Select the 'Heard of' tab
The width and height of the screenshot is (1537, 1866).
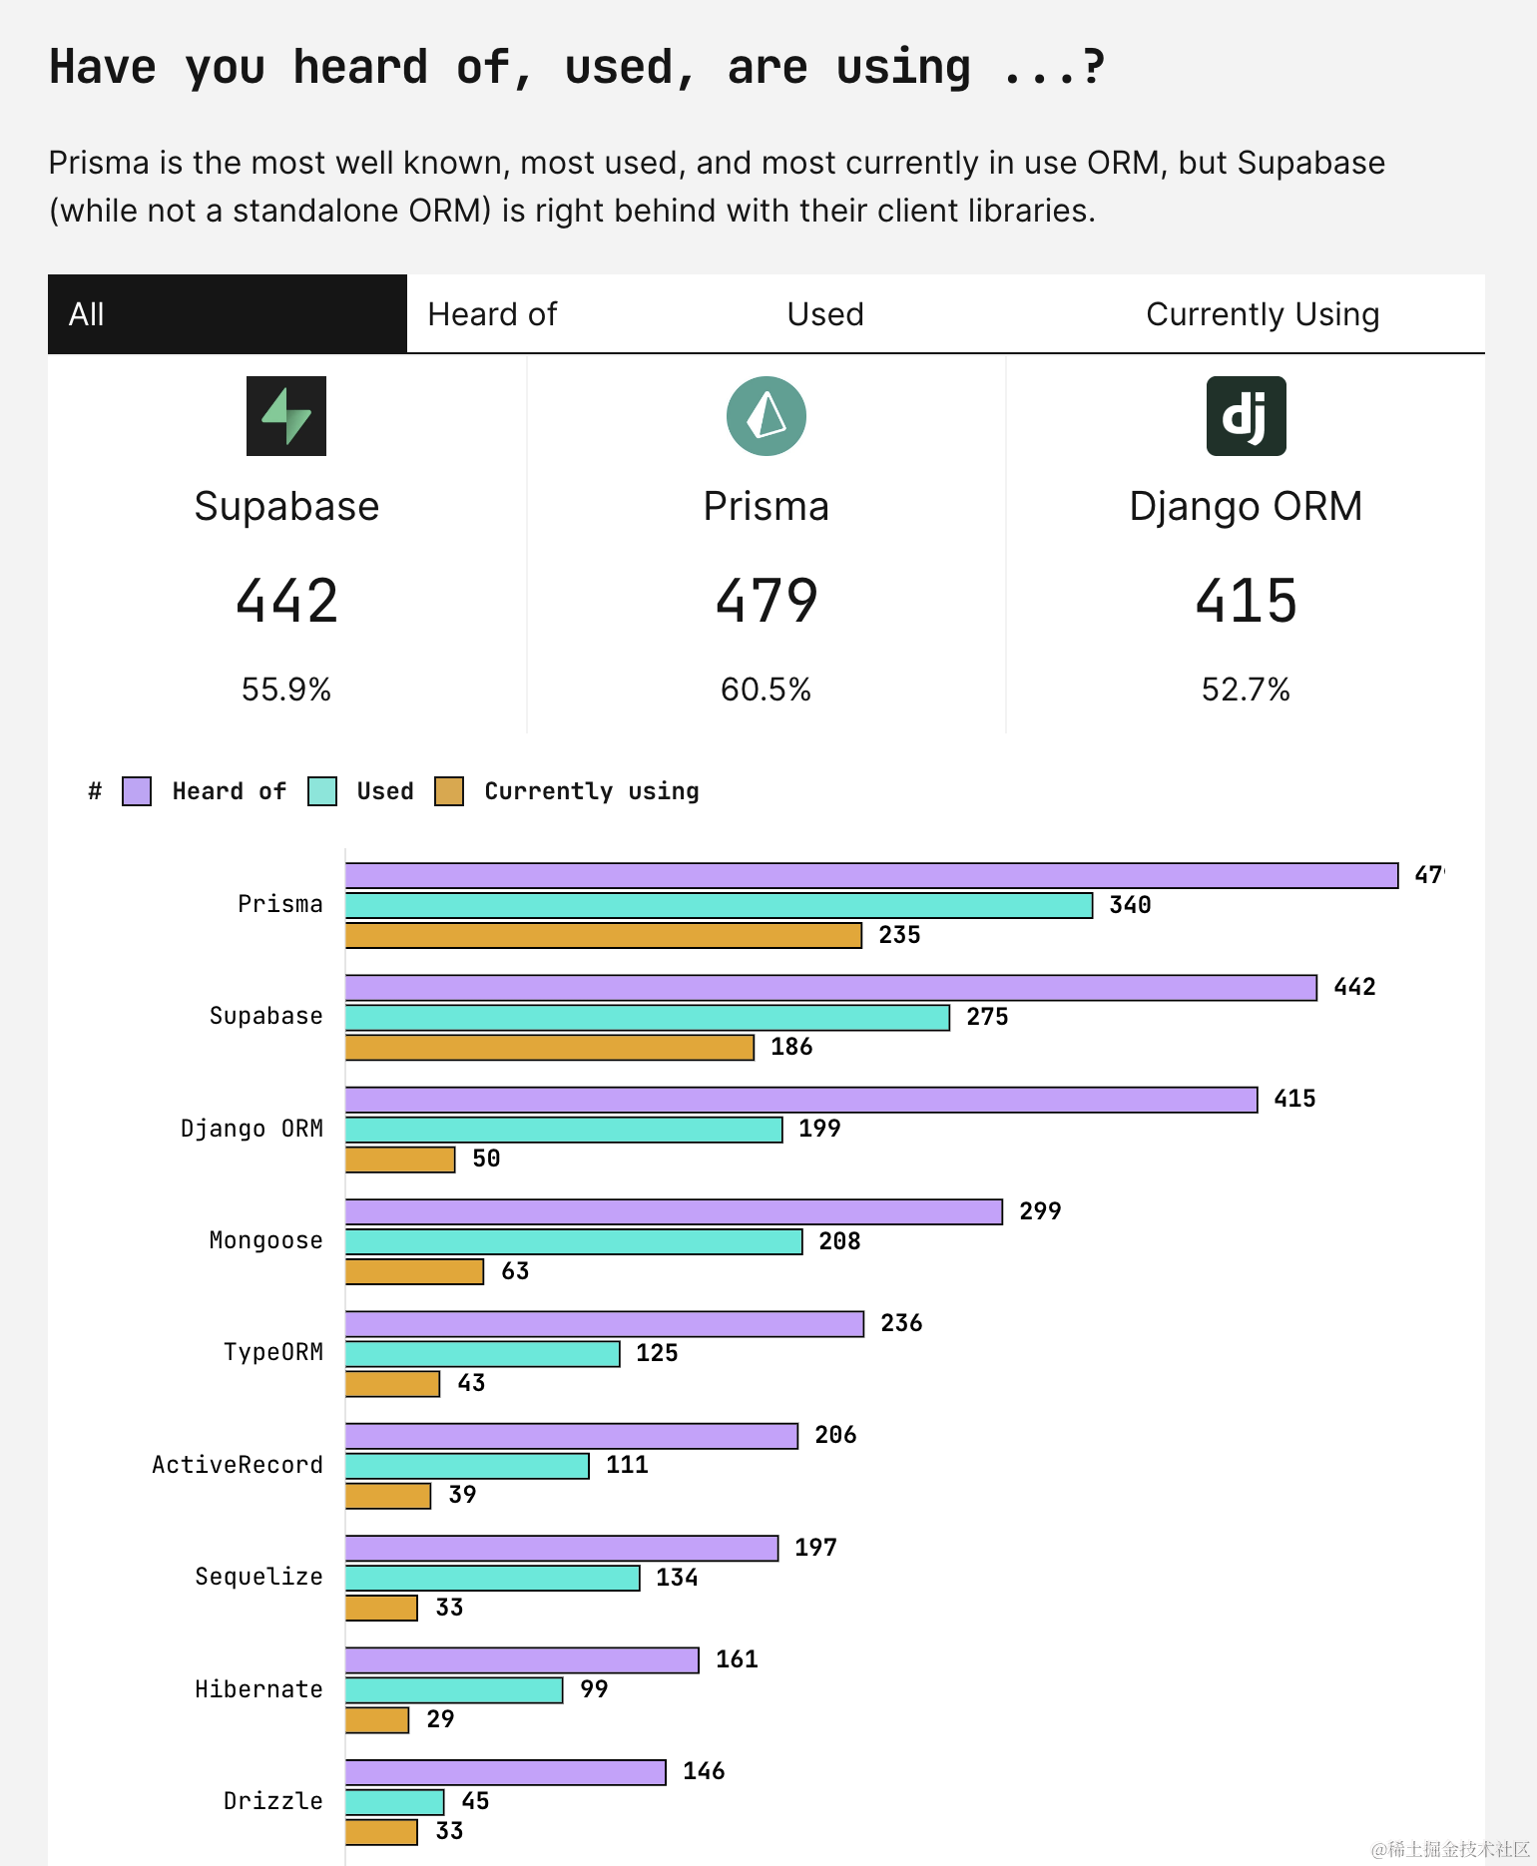(492, 314)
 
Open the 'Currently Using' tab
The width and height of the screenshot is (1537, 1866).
(1262, 314)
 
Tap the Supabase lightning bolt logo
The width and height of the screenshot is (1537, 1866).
(286, 416)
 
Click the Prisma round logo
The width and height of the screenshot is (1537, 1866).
(766, 416)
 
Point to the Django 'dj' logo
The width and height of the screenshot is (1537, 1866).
(1246, 416)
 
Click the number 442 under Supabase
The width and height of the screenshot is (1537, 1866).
(286, 601)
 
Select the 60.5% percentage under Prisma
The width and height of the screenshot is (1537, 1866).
(766, 690)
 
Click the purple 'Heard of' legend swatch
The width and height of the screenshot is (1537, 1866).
(137, 791)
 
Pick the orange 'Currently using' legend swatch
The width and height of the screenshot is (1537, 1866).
(449, 791)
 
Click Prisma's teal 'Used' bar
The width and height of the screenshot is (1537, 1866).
(719, 905)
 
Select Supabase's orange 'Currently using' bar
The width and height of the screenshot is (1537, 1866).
(549, 1047)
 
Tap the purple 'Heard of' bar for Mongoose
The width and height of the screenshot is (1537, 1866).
(674, 1211)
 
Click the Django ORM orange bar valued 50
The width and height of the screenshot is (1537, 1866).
(400, 1160)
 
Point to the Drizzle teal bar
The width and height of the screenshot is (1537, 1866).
(394, 1801)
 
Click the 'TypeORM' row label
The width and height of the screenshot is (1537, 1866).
(272, 1352)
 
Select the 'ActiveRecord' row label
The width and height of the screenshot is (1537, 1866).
(238, 1464)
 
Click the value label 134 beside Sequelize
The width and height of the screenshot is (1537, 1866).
(677, 1577)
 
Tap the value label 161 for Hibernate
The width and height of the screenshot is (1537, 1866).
(737, 1658)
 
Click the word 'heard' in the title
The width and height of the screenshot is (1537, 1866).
(360, 68)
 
